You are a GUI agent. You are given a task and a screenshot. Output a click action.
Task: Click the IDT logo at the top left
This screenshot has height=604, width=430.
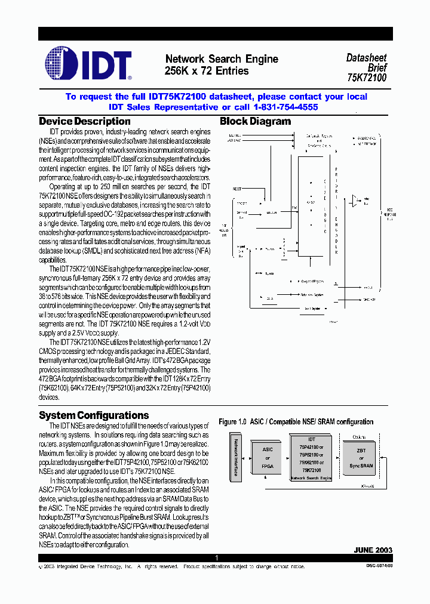(x=88, y=64)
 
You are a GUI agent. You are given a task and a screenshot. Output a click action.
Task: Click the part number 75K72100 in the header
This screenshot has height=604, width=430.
(x=367, y=78)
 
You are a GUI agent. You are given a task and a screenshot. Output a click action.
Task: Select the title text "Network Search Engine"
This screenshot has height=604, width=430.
(x=221, y=59)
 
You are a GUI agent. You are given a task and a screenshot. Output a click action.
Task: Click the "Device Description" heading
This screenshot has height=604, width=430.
(x=84, y=122)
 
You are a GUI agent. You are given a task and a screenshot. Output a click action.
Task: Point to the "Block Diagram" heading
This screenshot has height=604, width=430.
(x=255, y=122)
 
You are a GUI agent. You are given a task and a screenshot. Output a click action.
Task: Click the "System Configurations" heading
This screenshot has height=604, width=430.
(x=94, y=415)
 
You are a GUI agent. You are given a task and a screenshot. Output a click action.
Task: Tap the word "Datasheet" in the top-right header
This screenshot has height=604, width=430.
(x=366, y=58)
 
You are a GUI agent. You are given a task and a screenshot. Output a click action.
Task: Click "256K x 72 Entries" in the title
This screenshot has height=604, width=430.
(x=206, y=71)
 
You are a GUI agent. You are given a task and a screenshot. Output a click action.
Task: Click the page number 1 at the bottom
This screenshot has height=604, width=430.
(x=217, y=558)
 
